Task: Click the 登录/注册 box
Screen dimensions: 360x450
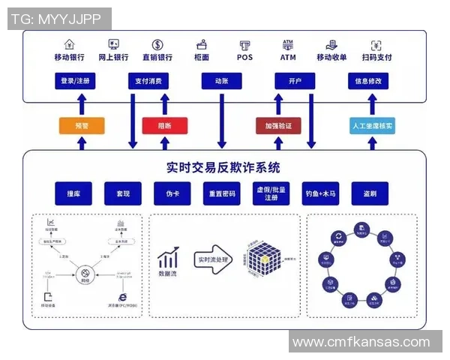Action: pyautogui.click(x=75, y=81)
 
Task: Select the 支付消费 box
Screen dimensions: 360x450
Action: pyautogui.click(x=148, y=81)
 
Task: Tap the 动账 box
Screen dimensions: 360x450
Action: pyautogui.click(x=221, y=81)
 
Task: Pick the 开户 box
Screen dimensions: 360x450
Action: pyautogui.click(x=294, y=81)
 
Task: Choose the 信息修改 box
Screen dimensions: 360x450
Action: pyautogui.click(x=367, y=81)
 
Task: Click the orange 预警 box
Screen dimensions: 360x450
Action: pyautogui.click(x=81, y=126)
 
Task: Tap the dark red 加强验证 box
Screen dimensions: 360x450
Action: pyautogui.click(x=278, y=126)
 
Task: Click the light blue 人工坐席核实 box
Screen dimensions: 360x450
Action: pyautogui.click(x=373, y=126)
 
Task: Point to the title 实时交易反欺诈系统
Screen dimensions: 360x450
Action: pyautogui.click(x=223, y=167)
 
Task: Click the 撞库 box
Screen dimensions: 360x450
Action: pyautogui.click(x=73, y=193)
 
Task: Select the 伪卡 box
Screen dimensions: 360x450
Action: pyautogui.click(x=172, y=193)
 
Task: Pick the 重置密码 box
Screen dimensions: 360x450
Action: pyautogui.click(x=221, y=193)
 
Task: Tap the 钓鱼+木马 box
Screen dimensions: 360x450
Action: pyautogui.click(x=321, y=193)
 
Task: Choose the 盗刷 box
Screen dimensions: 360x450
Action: pyautogui.click(x=370, y=193)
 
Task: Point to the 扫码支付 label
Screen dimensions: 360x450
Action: pyautogui.click(x=376, y=57)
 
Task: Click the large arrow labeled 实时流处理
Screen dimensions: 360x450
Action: pyautogui.click(x=214, y=259)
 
